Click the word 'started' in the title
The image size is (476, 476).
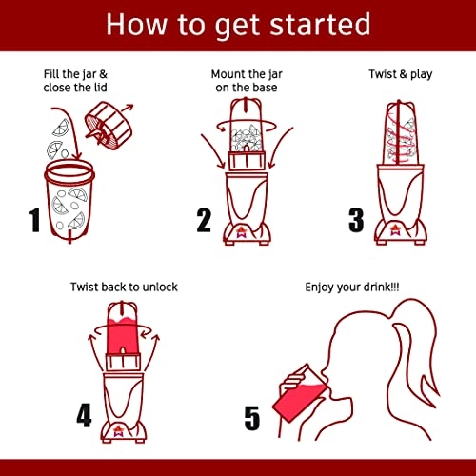click(321, 24)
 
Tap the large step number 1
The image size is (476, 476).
click(34, 220)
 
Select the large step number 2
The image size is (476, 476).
click(204, 220)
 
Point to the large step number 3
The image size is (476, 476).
click(356, 220)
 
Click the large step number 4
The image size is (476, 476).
click(84, 415)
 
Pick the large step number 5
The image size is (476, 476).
click(252, 418)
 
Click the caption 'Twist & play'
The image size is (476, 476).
click(401, 74)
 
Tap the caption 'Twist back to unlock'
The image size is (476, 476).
click(124, 287)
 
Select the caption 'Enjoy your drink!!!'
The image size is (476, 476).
click(352, 288)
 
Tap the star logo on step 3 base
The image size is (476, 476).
click(396, 230)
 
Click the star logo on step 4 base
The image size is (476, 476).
click(119, 430)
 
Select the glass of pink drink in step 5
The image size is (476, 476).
click(297, 395)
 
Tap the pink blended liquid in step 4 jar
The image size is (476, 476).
click(122, 336)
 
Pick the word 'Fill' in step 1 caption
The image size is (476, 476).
click(51, 74)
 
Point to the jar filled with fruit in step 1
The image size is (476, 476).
click(69, 200)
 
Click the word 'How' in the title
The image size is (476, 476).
click(137, 24)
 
